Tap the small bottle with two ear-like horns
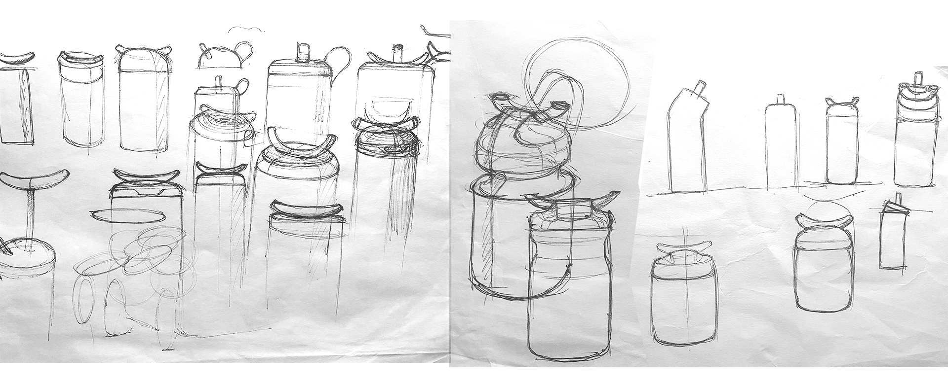841,145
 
